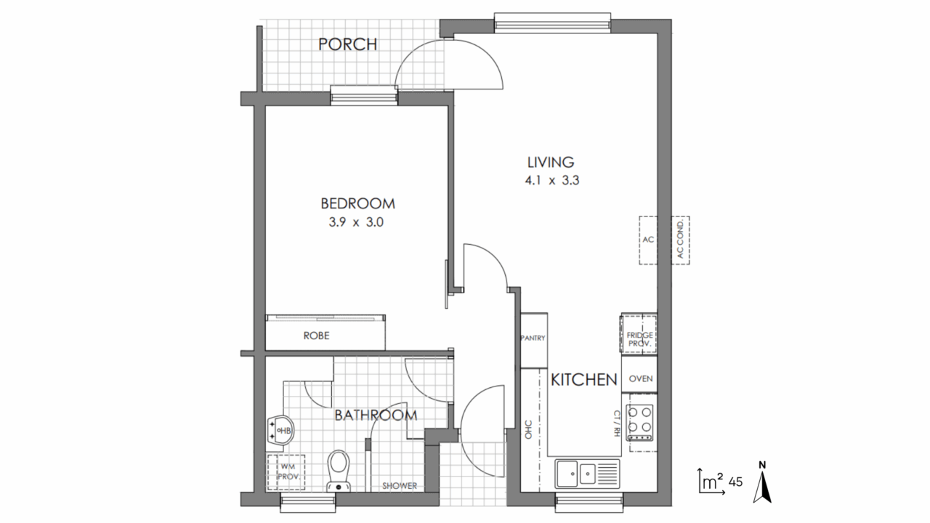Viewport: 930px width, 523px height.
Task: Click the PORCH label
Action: pos(347,44)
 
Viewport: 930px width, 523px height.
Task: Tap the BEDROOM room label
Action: pos(358,203)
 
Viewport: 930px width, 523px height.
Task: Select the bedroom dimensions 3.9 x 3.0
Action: pos(356,222)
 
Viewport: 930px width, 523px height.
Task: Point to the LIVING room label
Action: pos(551,162)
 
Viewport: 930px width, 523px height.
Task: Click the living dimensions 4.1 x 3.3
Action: pos(551,181)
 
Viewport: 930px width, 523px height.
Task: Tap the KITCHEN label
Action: pos(584,380)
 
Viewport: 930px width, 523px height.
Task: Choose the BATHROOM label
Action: pos(376,415)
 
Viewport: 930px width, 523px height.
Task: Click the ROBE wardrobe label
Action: pos(316,336)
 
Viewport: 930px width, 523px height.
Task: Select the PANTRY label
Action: pos(533,338)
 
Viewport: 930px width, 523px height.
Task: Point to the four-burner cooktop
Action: pos(640,423)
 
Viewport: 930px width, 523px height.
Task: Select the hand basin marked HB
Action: pos(280,431)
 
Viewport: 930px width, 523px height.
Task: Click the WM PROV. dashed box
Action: pos(286,472)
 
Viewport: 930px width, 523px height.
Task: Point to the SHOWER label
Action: pos(400,486)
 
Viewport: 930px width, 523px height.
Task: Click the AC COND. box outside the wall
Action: pos(680,240)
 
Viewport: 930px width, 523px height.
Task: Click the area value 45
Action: pos(735,482)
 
